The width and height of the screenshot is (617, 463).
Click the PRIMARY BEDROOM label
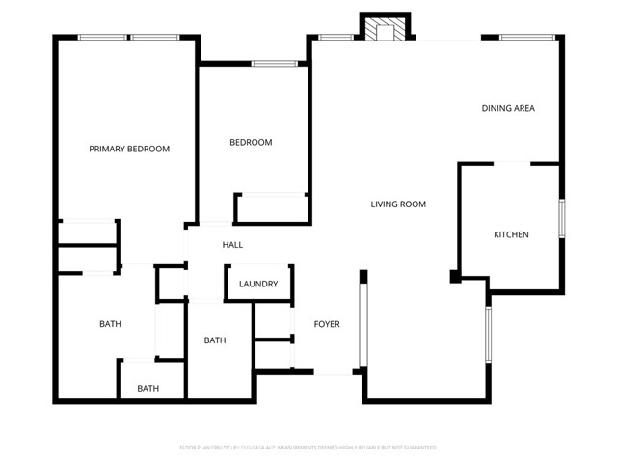pyautogui.click(x=129, y=149)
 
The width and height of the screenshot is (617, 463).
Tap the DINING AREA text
pyautogui.click(x=508, y=108)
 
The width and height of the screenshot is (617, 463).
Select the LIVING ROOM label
pyautogui.click(x=398, y=204)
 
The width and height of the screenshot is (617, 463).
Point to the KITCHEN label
pyautogui.click(x=511, y=234)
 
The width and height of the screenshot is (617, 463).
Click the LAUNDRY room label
pyautogui.click(x=259, y=284)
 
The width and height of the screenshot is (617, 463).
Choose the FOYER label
pyautogui.click(x=327, y=324)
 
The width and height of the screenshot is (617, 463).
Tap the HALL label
pyautogui.click(x=232, y=245)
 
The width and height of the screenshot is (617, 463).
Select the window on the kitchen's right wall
pyautogui.click(x=561, y=226)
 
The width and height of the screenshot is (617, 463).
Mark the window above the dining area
pyautogui.click(x=526, y=38)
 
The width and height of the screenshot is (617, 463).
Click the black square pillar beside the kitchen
pyautogui.click(x=455, y=278)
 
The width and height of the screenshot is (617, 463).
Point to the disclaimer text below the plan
pyautogui.click(x=308, y=448)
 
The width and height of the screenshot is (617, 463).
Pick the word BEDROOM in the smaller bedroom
pyautogui.click(x=251, y=143)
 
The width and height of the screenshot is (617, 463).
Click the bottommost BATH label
pyautogui.click(x=148, y=389)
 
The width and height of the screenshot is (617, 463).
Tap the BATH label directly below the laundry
pyautogui.click(x=215, y=340)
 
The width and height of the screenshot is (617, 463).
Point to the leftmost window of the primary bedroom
pyautogui.click(x=103, y=38)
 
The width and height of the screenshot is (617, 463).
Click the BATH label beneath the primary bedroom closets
pyautogui.click(x=110, y=324)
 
